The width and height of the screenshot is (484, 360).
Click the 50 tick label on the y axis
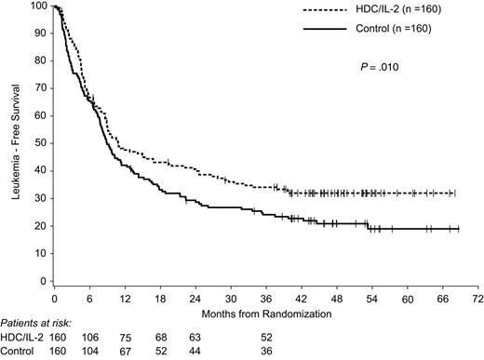coord(41,144)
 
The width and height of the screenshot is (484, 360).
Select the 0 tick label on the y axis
coord(44,281)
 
